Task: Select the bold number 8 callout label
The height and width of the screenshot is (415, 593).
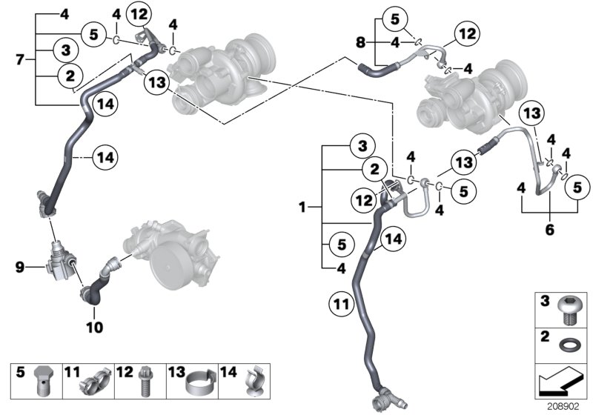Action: click(x=360, y=43)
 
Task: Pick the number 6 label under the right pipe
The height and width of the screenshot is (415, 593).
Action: click(x=550, y=230)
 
